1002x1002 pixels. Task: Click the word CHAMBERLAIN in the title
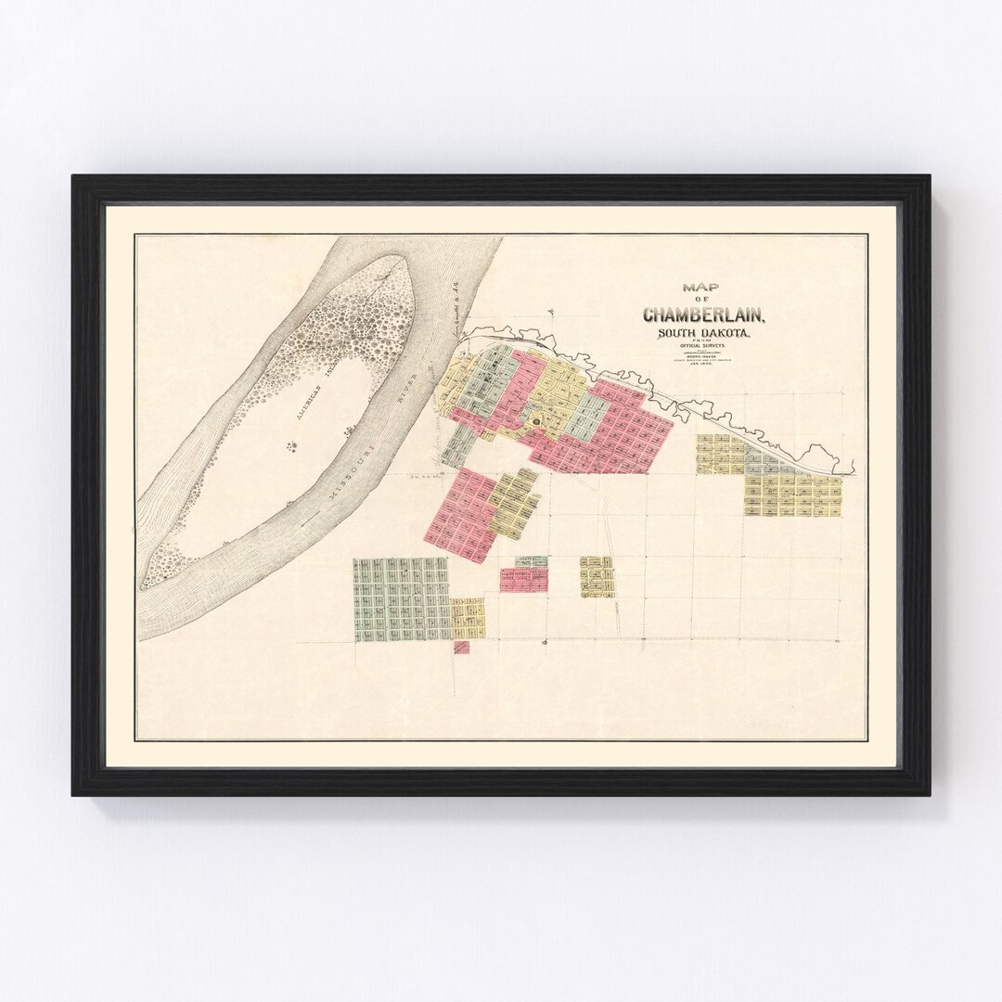pyautogui.click(x=704, y=315)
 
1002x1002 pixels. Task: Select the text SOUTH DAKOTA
pyautogui.click(x=704, y=335)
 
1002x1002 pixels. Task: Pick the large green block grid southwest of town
pyautogui.click(x=401, y=599)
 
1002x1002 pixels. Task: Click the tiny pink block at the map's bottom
pyautogui.click(x=461, y=648)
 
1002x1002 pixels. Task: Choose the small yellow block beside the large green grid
pyautogui.click(x=468, y=618)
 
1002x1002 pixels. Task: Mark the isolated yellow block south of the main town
pyautogui.click(x=596, y=576)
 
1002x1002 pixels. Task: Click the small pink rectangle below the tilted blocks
pyautogui.click(x=523, y=580)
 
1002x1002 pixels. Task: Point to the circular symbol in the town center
pyautogui.click(x=535, y=424)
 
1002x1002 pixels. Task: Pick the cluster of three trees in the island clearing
pyautogui.click(x=293, y=447)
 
